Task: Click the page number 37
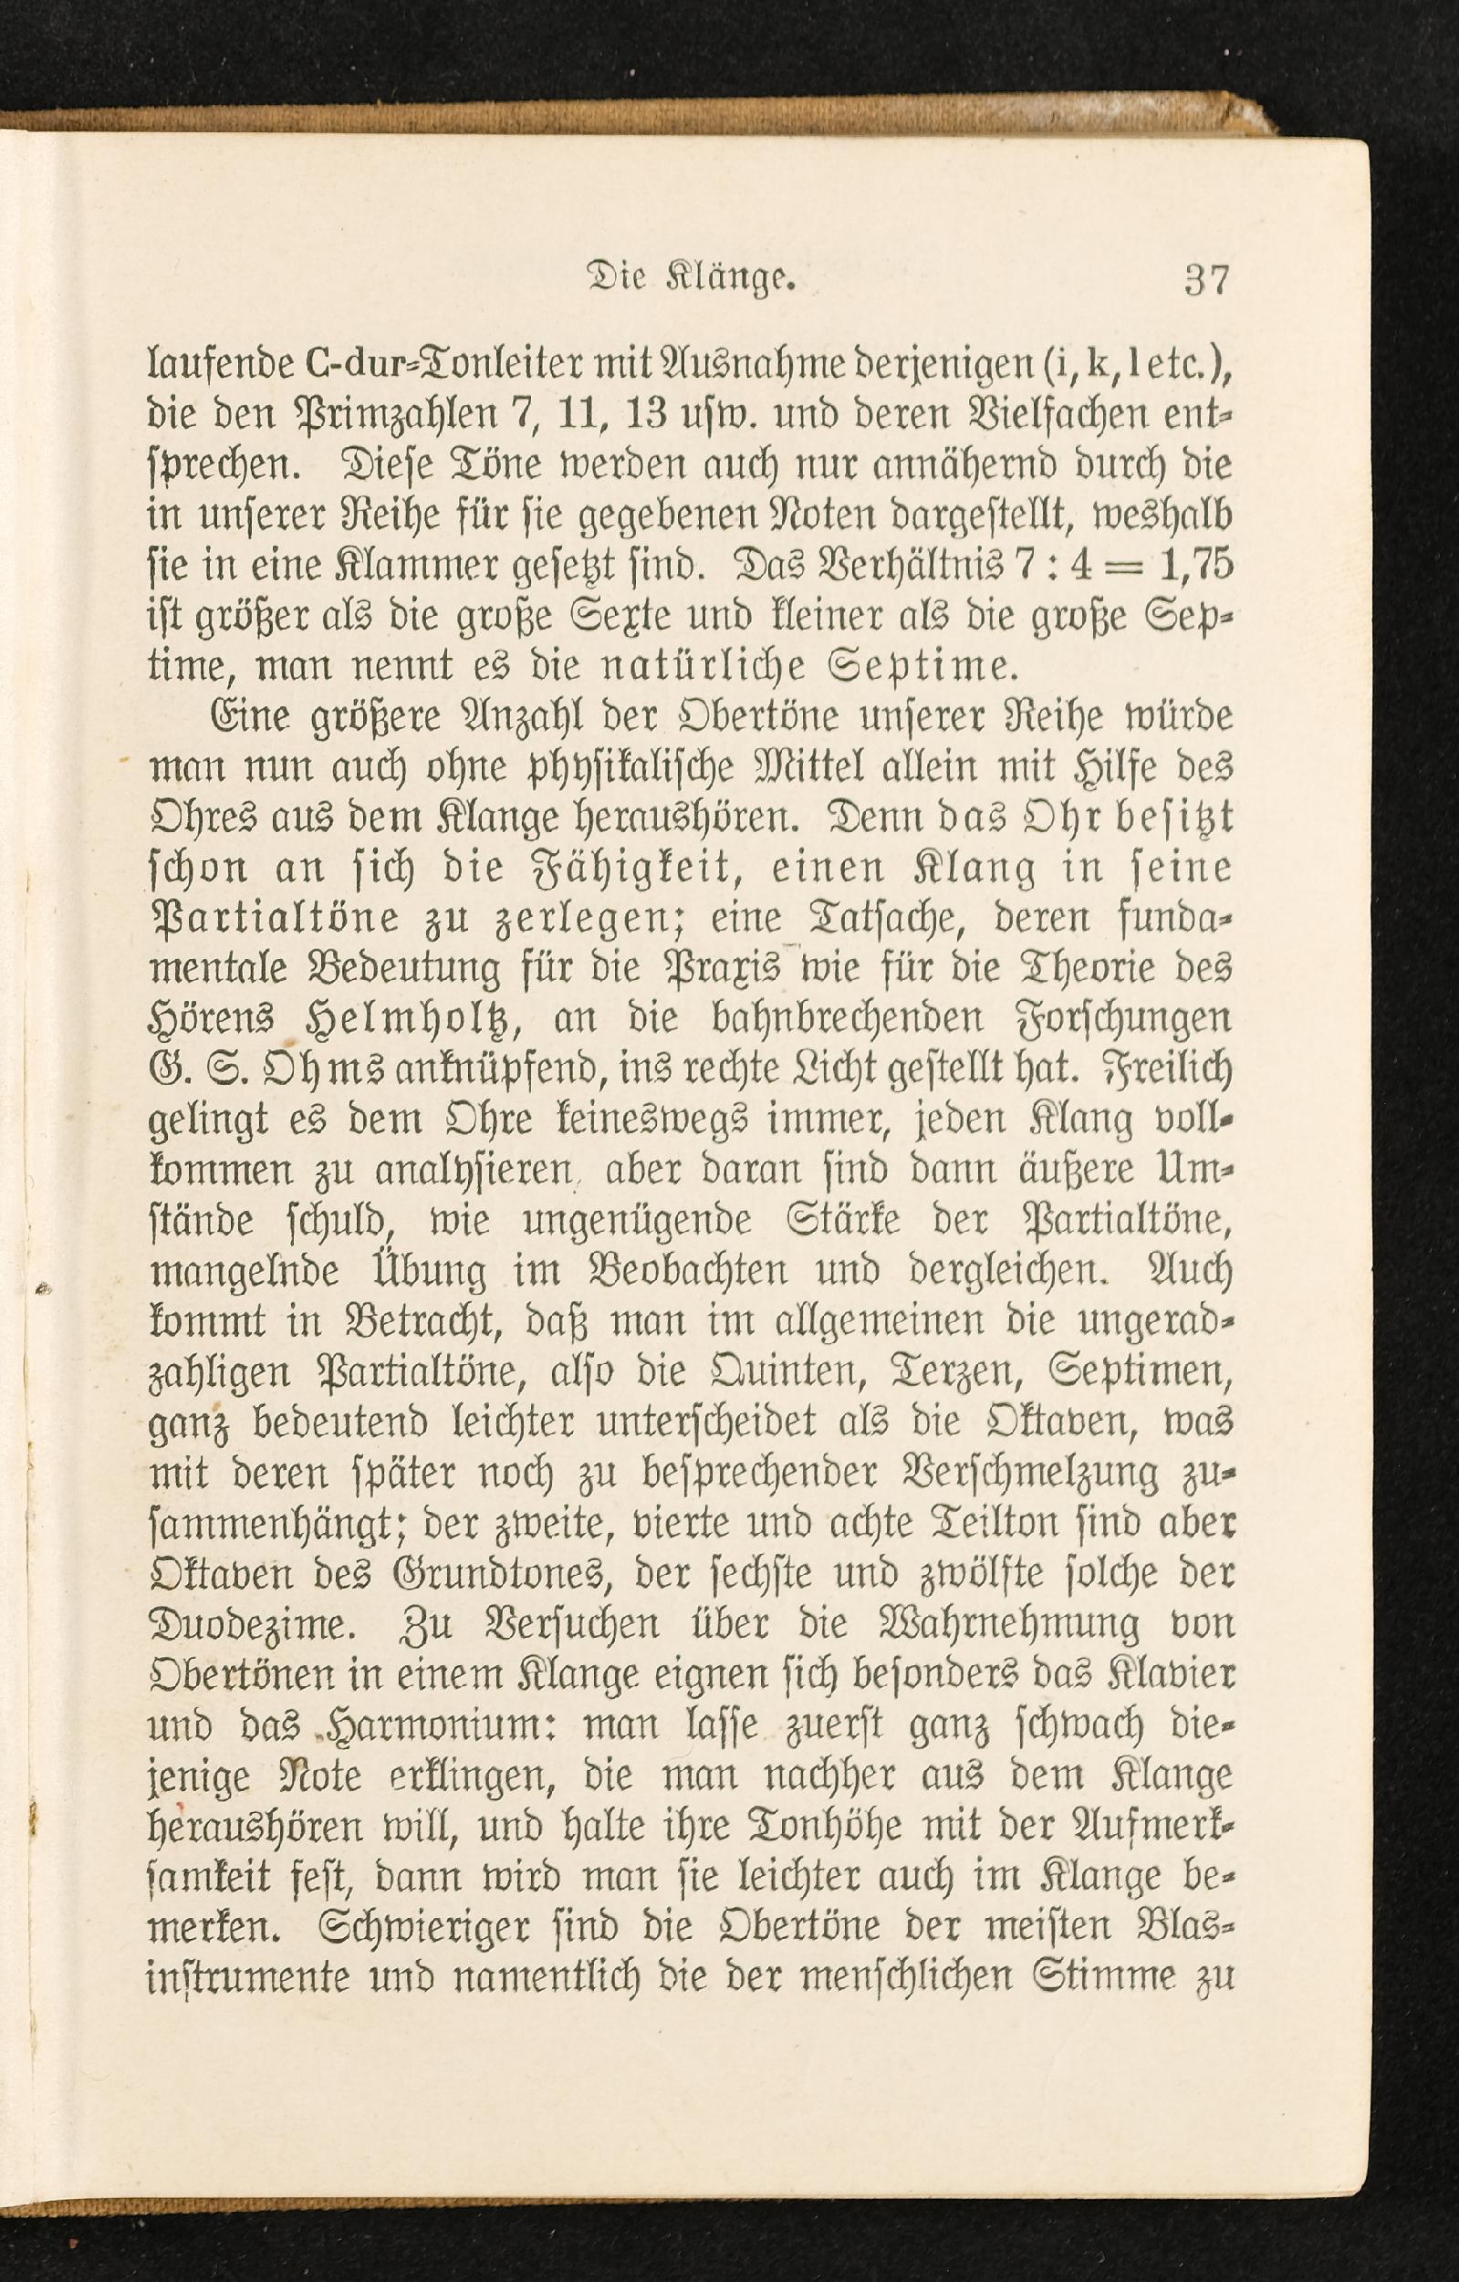pyautogui.click(x=1206, y=281)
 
